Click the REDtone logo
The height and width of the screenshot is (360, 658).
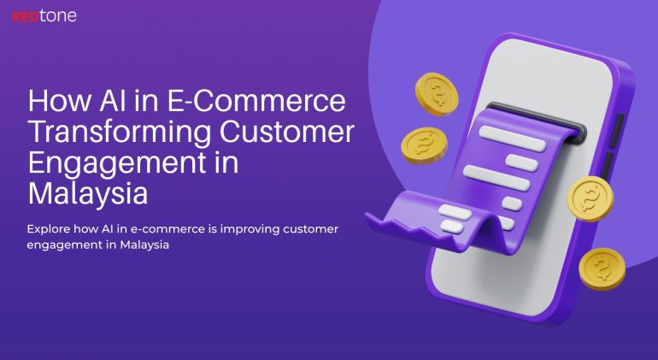point(44,15)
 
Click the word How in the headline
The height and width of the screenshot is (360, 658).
point(55,102)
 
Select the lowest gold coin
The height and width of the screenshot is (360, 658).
point(602,269)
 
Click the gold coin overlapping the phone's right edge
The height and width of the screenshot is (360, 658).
point(590,198)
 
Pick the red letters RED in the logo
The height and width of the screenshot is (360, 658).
point(26,15)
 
